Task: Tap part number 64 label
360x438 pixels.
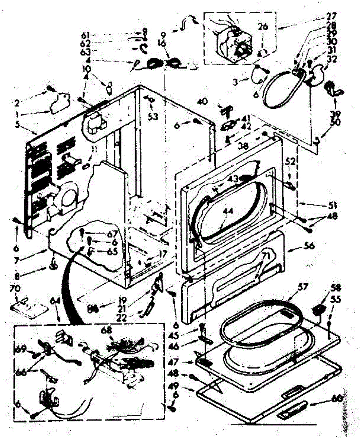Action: click(55, 301)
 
